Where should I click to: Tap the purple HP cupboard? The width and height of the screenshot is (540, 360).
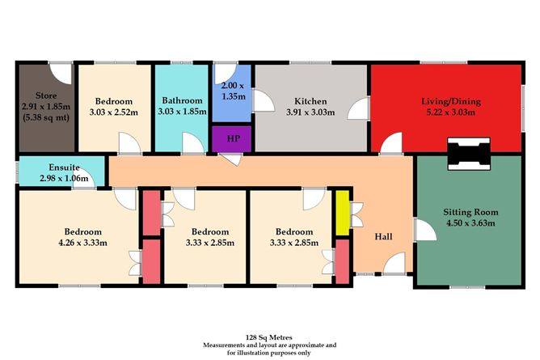pyautogui.click(x=232, y=138)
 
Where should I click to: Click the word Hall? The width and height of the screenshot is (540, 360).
pyautogui.click(x=385, y=237)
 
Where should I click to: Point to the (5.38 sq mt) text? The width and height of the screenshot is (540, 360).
pyautogui.click(x=46, y=118)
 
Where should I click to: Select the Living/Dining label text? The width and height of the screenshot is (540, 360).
pyautogui.click(x=450, y=101)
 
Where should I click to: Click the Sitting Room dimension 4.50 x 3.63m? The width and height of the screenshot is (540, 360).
pyautogui.click(x=470, y=224)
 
